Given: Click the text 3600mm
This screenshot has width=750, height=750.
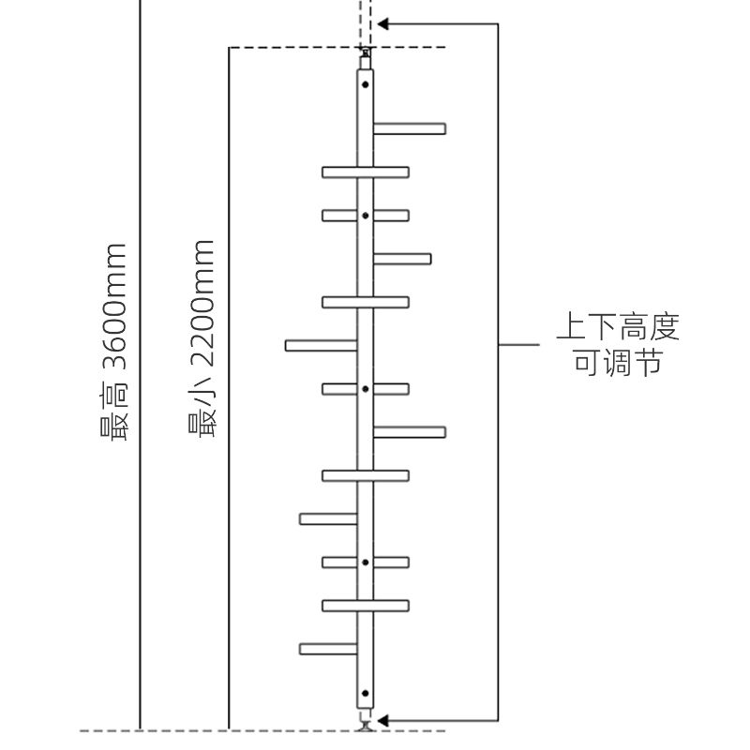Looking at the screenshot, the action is pos(113,307).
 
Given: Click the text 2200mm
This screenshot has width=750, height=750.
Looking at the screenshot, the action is pos(202,304).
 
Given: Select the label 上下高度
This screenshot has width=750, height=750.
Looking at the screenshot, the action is pos(618,326).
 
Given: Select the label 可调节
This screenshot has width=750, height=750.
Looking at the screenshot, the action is pos(618,362).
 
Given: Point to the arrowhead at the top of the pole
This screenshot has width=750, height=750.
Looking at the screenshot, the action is pos(382,24).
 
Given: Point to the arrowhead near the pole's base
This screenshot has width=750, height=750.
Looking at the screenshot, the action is pos(382,720).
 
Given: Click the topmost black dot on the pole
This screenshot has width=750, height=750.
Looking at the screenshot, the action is pos(366,84).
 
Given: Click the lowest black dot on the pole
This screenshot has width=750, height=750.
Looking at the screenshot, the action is pos(366,693).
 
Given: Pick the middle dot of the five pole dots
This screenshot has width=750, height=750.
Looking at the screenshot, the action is pos(366,389).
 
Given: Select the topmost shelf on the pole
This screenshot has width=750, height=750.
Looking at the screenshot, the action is pos(410,128).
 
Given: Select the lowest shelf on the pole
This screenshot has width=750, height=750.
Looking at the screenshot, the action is pos(328,649).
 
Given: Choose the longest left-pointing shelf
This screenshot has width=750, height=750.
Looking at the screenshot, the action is pos(322,345).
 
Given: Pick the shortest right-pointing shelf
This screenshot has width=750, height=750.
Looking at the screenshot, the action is pos(402,259).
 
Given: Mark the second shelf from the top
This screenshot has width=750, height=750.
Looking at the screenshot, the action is pos(366,172).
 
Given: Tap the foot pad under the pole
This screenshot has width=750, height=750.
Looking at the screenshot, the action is pos(366,727).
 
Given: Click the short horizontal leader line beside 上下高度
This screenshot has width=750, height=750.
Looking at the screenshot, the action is pos(519,344).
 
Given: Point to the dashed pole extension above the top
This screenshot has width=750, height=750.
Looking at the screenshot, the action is pos(366,22).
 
